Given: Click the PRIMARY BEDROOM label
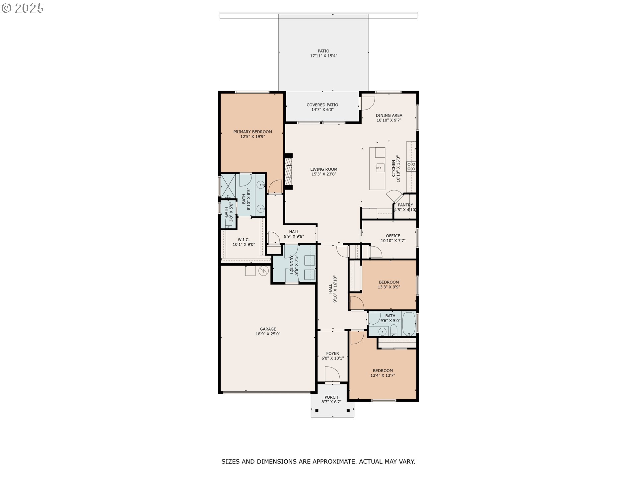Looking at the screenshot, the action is pyautogui.click(x=252, y=132).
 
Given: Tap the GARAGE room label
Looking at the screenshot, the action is pyautogui.click(x=268, y=329).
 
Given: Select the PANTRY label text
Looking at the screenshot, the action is pyautogui.click(x=405, y=205).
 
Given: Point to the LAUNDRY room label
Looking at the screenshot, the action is pyautogui.click(x=292, y=265).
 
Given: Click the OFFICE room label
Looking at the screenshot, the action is pyautogui.click(x=393, y=236).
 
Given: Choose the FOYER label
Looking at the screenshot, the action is pyautogui.click(x=332, y=354).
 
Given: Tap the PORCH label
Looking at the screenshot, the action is pyautogui.click(x=331, y=397).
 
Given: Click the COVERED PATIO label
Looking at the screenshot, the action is pyautogui.click(x=322, y=105).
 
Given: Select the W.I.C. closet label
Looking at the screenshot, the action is pyautogui.click(x=244, y=240).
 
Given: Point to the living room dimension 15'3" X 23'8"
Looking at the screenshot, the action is pyautogui.click(x=324, y=174).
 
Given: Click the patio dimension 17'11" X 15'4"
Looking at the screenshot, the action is pyautogui.click(x=324, y=56).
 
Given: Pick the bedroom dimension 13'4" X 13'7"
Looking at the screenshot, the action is pyautogui.click(x=383, y=375).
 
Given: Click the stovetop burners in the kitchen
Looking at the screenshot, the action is pyautogui.click(x=411, y=166).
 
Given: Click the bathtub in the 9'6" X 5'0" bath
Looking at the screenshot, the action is pyautogui.click(x=409, y=324).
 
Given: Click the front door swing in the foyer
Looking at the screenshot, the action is pyautogui.click(x=332, y=375).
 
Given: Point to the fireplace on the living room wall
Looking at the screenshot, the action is pyautogui.click(x=288, y=171).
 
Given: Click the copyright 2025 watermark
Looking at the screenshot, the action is pyautogui.click(x=23, y=8).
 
